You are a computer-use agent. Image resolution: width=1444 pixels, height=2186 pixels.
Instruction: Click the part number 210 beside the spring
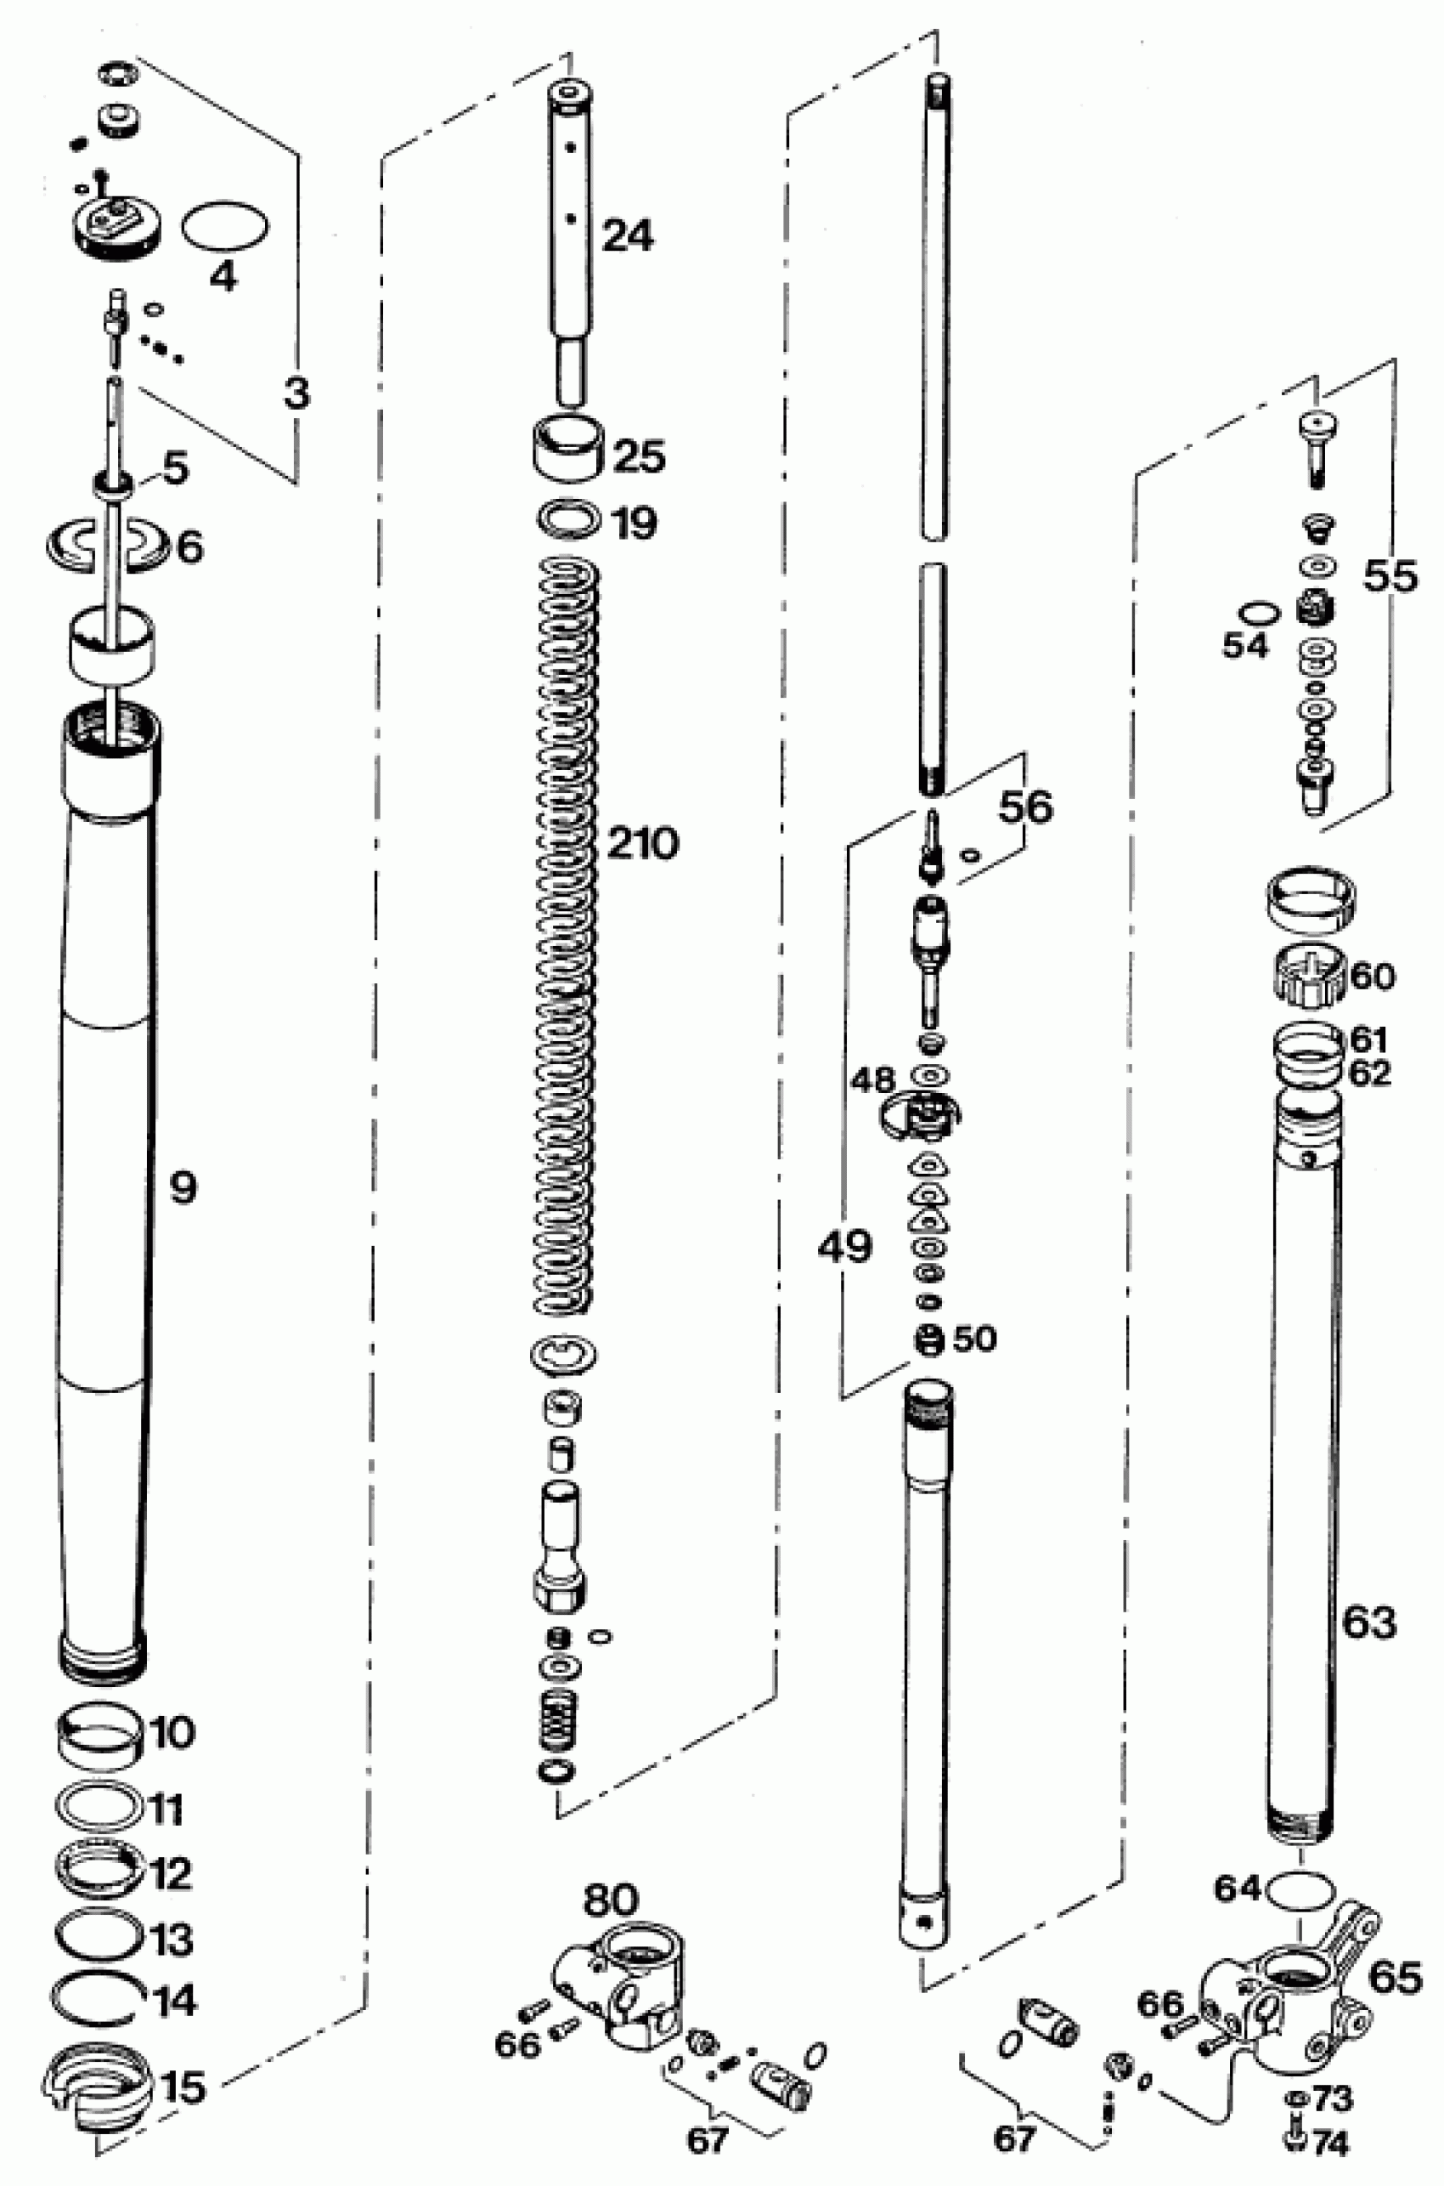(x=643, y=843)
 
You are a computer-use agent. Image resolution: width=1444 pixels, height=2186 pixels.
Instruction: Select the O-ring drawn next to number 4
(x=225, y=226)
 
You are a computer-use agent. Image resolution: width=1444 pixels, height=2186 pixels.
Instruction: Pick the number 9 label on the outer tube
(x=183, y=1188)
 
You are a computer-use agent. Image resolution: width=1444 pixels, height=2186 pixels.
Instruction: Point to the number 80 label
(x=611, y=1900)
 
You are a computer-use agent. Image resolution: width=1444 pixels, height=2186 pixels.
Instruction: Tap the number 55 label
(x=1390, y=576)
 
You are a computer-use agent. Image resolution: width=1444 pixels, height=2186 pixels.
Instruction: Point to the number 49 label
(x=844, y=1246)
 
